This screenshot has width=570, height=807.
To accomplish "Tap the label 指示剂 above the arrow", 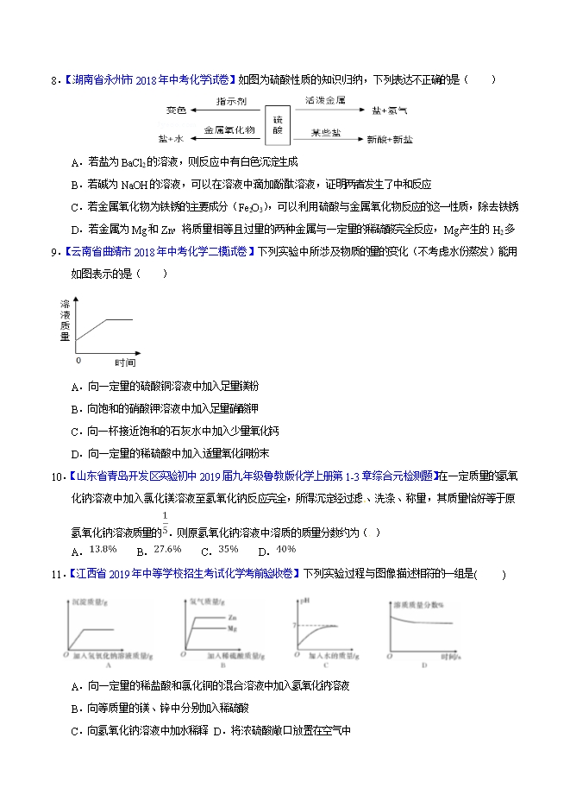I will tap(231, 101).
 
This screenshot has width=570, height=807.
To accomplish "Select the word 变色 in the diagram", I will tap(177, 110).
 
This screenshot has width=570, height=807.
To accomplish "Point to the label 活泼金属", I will tap(326, 101).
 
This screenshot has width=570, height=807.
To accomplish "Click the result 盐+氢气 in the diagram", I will tap(390, 110).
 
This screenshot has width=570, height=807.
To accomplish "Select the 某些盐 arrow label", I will tap(326, 131).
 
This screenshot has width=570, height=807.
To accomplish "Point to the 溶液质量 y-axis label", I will tap(65, 321).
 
